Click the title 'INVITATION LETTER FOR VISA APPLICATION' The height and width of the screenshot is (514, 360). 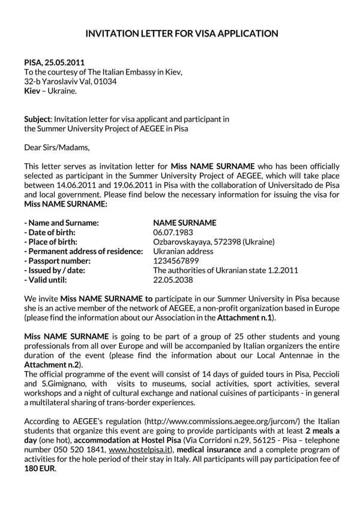point(180,34)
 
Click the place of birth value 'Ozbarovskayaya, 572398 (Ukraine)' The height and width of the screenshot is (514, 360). point(214,241)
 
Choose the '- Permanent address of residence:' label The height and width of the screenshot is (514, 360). point(83,251)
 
